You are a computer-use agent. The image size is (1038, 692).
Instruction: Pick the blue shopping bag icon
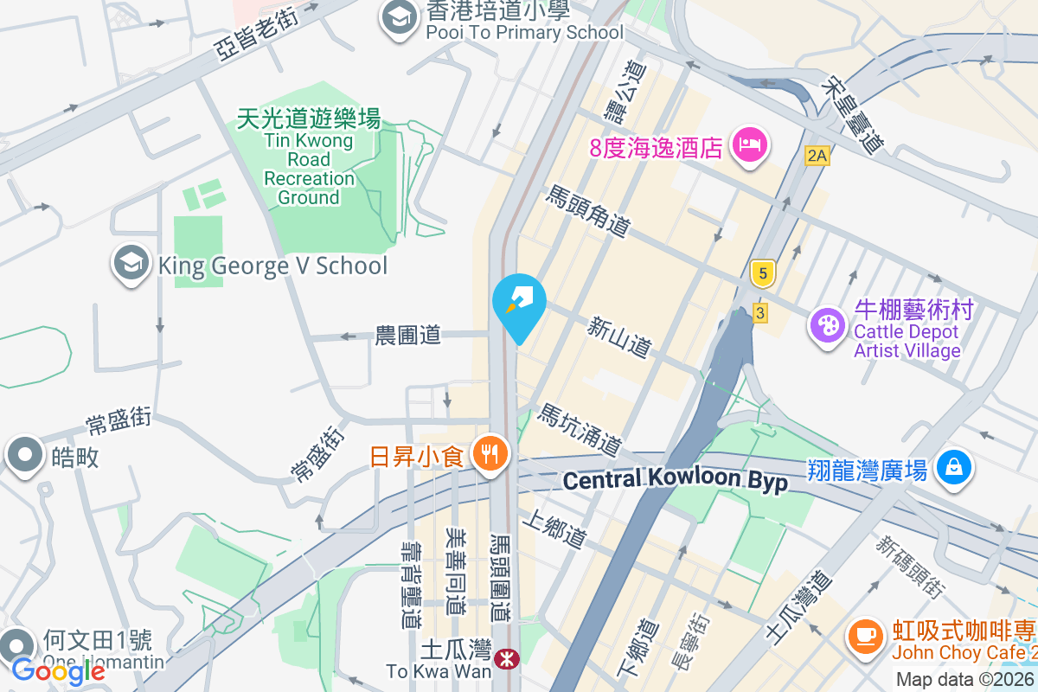(953, 468)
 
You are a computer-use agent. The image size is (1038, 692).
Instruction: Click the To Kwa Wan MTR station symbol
(507, 660)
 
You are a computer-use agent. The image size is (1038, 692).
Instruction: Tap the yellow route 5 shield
(762, 273)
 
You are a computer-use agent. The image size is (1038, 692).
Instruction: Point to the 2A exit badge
(817, 156)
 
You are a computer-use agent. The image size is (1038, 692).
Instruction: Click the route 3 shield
(759, 312)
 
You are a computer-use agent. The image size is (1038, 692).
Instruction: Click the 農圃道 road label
(408, 334)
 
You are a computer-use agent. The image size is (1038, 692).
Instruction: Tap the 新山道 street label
(618, 336)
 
